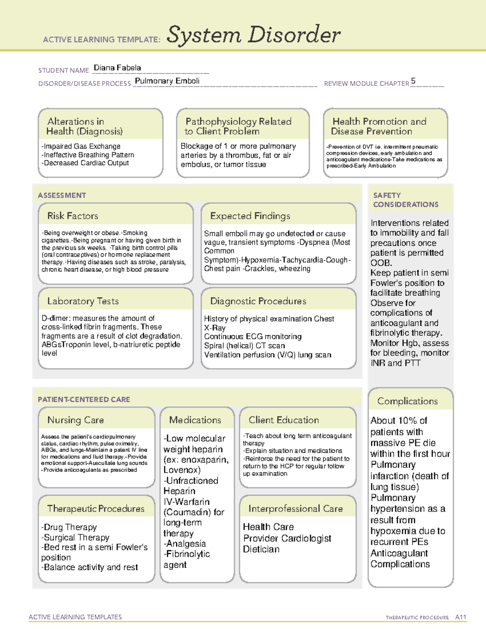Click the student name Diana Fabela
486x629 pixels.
tap(117, 68)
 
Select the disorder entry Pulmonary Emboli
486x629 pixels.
tap(167, 81)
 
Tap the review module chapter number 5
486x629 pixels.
tap(413, 81)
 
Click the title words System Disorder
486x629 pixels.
tap(254, 35)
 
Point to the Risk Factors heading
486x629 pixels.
tap(72, 216)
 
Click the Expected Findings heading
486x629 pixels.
tap(250, 216)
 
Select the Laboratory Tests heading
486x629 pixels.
tap(83, 301)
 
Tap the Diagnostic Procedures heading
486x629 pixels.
tap(258, 301)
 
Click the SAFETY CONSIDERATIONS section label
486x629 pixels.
tap(405, 200)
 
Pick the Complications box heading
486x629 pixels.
tap(407, 401)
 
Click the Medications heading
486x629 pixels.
tap(195, 420)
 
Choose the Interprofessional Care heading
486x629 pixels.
tap(295, 508)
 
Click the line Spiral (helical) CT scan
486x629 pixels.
tap(244, 345)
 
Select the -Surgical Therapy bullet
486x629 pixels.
tap(75, 537)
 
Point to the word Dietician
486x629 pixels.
tap(261, 549)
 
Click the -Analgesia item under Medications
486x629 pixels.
tap(185, 544)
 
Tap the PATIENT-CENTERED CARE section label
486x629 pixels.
tap(84, 399)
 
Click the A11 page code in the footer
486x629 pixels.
tap(460, 617)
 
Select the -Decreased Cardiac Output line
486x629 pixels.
tap(85, 163)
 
